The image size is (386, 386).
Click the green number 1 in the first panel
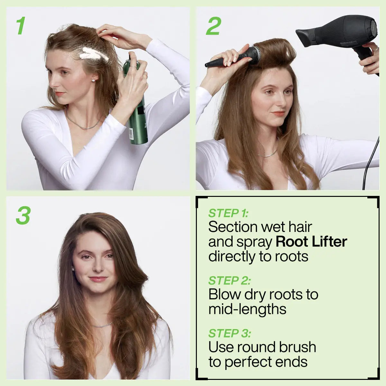[21, 26]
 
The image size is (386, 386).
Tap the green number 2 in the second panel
[214, 26]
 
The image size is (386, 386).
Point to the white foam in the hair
[94, 54]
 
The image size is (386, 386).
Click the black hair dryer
[341, 32]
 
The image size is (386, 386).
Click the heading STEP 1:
[228, 213]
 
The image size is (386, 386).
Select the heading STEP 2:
[229, 281]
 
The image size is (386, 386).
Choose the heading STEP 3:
[229, 334]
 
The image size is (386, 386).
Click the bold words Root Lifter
[311, 242]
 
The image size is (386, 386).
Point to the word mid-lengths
[247, 309]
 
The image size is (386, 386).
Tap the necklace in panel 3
[102, 326]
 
